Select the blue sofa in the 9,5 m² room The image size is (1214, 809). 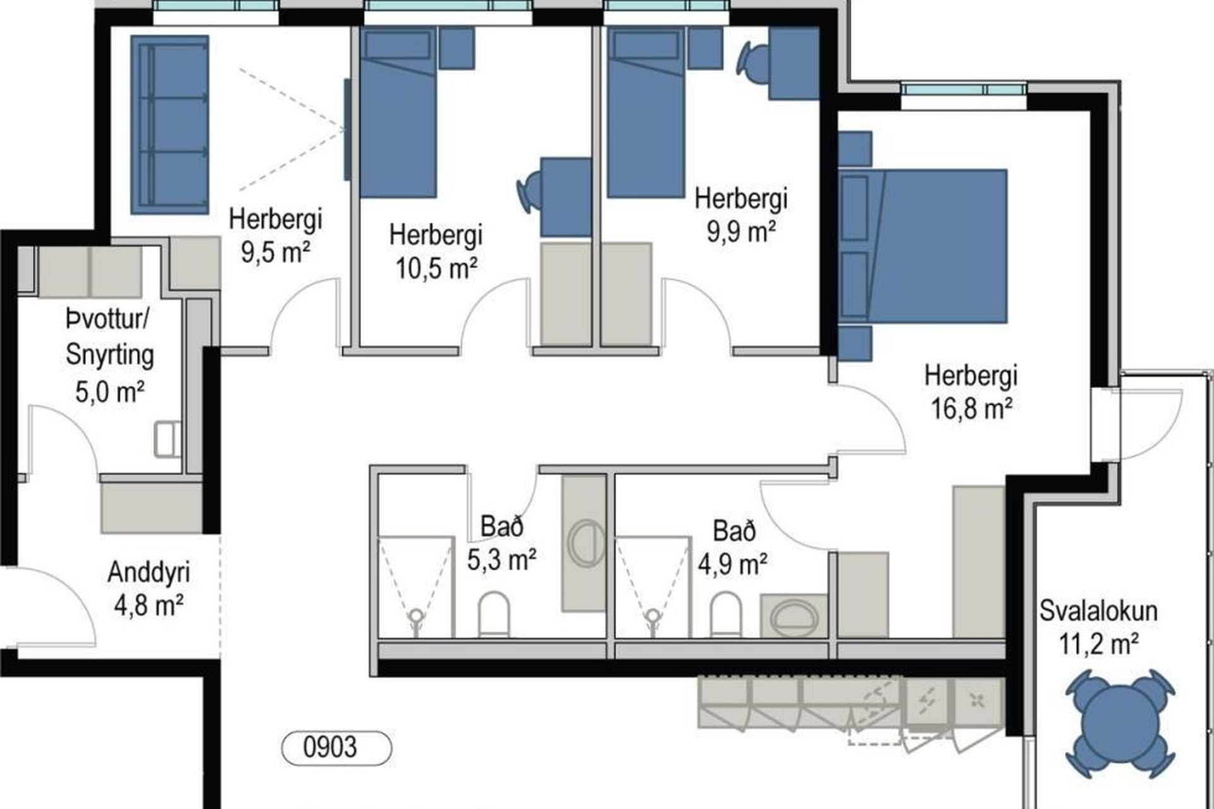169,125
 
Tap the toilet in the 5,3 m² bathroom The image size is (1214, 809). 493,614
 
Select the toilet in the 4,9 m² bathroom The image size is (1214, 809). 725,614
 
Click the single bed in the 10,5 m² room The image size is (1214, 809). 398,114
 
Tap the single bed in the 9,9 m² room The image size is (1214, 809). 646,114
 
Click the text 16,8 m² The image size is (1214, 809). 971,408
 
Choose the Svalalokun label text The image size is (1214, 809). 1099,611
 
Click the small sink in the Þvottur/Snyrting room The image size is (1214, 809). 167,439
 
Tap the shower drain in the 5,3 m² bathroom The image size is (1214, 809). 415,614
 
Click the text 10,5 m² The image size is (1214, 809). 436,269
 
